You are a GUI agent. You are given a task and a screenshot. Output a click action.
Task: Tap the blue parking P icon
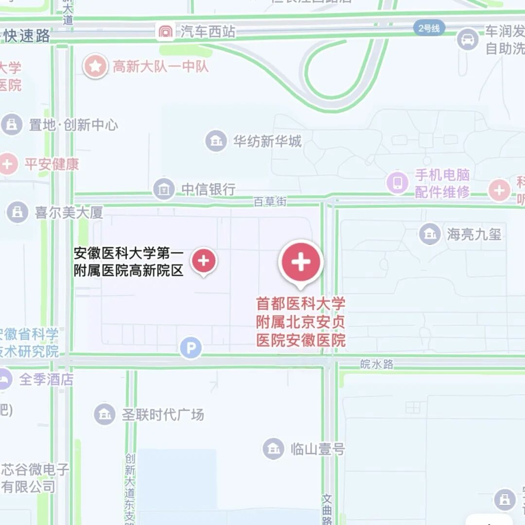point(191,348)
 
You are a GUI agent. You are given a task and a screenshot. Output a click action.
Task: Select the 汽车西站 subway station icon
point(166,32)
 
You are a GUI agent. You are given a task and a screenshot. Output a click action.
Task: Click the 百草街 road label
point(271,201)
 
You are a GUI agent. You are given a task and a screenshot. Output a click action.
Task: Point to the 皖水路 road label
point(377,364)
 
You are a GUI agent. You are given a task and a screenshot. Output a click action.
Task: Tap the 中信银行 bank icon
point(164,189)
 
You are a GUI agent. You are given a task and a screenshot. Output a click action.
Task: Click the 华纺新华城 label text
point(267,141)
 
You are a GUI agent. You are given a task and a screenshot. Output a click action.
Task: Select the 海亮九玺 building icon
point(430,234)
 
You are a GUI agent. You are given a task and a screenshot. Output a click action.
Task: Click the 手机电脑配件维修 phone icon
point(398,183)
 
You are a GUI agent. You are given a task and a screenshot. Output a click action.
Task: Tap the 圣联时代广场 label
point(163,415)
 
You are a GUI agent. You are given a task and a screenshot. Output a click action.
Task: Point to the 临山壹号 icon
point(274,449)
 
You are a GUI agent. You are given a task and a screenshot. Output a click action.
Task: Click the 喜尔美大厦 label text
point(69,212)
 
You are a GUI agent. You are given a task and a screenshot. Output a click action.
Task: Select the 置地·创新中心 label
point(73,125)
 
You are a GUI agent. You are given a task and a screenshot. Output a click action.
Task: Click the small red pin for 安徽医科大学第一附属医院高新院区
point(204,261)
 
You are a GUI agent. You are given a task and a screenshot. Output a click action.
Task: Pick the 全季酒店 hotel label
point(46,379)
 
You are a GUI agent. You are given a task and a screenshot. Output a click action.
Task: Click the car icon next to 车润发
point(468,39)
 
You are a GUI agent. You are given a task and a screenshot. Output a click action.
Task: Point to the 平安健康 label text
point(52,164)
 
